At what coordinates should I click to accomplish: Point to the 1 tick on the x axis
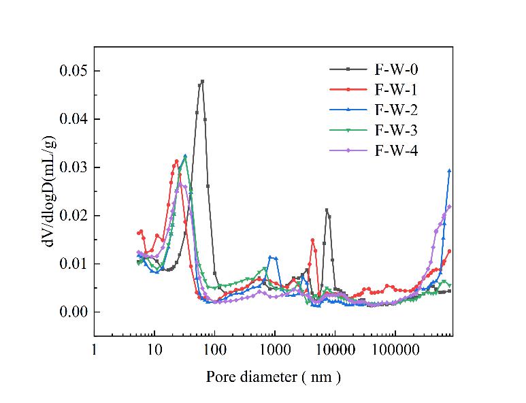coord(94,350)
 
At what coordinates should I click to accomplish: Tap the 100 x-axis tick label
coord(214,350)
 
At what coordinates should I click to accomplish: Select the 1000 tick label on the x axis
coord(275,350)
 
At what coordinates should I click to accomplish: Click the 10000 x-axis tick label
coord(335,350)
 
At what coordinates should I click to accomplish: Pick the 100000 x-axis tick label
coord(395,350)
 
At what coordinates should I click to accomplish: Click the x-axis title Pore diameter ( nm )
coord(273,376)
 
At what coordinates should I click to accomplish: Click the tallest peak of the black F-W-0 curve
coord(202,81)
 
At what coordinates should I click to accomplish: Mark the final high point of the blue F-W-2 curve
coord(449,170)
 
